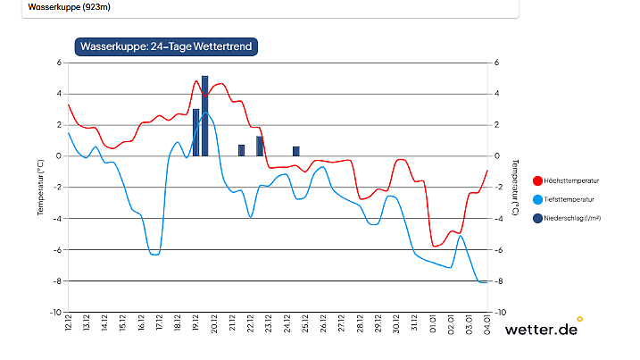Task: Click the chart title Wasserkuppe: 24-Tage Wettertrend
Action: click(166, 46)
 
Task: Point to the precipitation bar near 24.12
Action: click(296, 151)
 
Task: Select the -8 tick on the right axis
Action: click(497, 281)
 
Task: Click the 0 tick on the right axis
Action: click(496, 156)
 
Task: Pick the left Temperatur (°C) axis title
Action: click(40, 188)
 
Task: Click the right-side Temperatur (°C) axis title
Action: click(516, 188)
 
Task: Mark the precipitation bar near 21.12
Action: click(241, 150)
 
